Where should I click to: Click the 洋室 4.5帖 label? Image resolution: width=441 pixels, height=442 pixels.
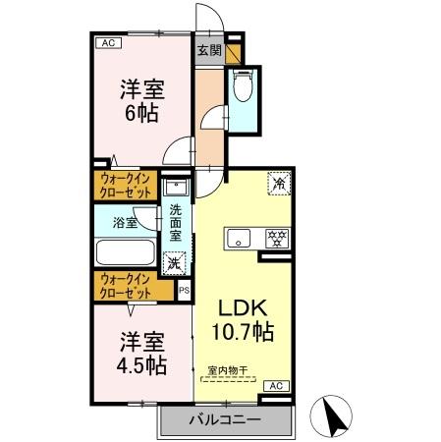142,353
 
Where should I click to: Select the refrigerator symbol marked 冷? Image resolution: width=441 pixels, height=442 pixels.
278,184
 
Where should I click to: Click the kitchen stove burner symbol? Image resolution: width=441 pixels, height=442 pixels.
277,239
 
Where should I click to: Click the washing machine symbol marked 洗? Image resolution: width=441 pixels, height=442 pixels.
175,263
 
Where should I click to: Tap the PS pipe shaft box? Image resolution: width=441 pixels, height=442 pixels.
184,290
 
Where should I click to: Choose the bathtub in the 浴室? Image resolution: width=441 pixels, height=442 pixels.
125,253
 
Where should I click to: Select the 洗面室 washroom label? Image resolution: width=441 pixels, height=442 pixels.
175,224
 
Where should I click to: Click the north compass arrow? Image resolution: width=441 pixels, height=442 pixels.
334,417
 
